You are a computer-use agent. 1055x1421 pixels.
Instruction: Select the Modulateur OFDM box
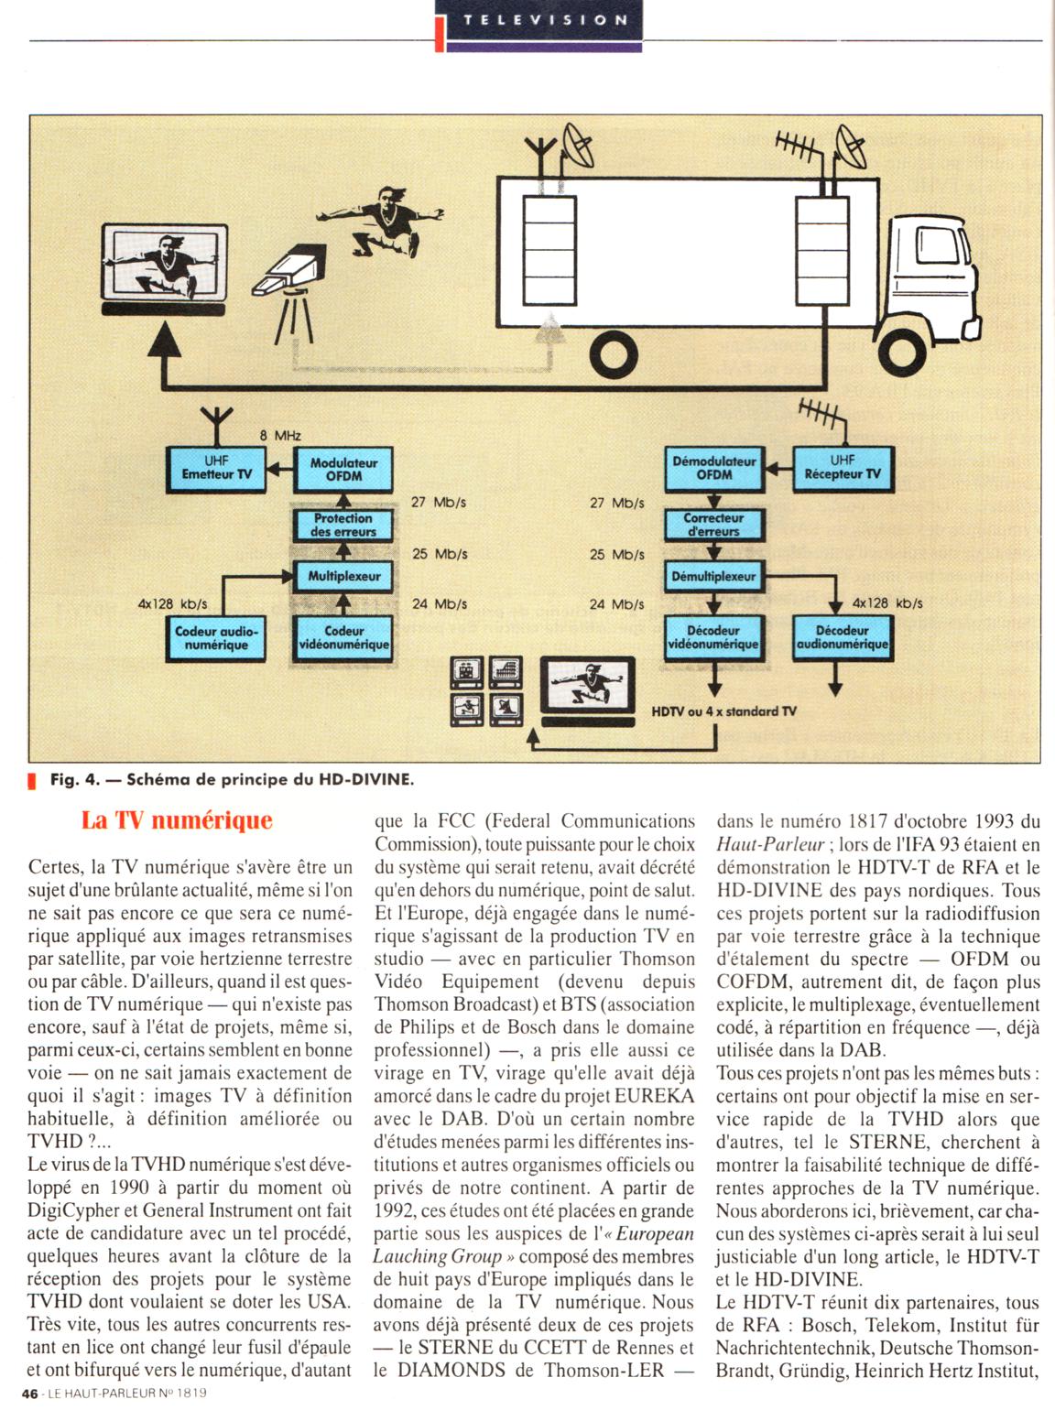[343, 468]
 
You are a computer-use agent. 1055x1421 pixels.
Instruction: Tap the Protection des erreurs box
[343, 525]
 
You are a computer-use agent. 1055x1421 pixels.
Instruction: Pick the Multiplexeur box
[343, 576]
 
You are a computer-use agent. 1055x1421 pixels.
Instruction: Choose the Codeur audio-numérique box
[216, 637]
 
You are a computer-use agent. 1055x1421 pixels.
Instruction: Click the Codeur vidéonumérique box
[343, 637]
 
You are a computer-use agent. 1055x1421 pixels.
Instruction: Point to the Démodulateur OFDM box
[713, 468]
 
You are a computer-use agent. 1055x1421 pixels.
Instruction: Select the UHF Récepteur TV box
[842, 468]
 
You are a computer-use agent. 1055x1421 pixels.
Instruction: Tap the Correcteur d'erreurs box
[713, 525]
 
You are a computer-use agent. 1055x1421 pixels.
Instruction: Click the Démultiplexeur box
[713, 577]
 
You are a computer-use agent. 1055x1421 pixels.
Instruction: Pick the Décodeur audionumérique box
[842, 637]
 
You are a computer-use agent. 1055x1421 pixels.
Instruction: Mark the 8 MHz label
[279, 436]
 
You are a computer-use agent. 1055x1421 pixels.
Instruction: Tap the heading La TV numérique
[177, 819]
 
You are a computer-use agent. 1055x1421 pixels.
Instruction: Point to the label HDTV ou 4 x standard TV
[723, 710]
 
